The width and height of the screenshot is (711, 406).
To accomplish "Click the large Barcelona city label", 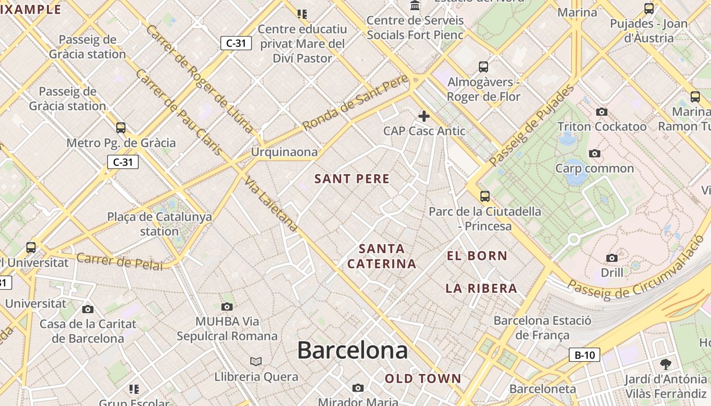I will pyautogui.click(x=352, y=350).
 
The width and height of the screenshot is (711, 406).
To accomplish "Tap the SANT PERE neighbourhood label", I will pyautogui.click(x=352, y=179).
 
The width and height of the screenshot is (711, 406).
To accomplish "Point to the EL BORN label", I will pyautogui.click(x=477, y=256).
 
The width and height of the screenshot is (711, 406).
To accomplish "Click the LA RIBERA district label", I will pyautogui.click(x=481, y=288).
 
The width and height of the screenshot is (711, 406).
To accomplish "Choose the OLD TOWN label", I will pyautogui.click(x=423, y=378).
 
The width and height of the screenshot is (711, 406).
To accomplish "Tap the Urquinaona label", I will pyautogui.click(x=284, y=152).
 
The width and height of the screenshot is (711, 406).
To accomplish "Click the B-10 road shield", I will pyautogui.click(x=584, y=355).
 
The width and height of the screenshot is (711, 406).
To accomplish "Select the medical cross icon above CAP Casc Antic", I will pyautogui.click(x=424, y=116).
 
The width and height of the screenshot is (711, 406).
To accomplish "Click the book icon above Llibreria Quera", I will pyautogui.click(x=256, y=361).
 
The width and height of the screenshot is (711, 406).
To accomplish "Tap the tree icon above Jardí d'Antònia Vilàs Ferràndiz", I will pyautogui.click(x=666, y=364).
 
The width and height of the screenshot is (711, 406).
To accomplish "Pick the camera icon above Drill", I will pyautogui.click(x=612, y=258).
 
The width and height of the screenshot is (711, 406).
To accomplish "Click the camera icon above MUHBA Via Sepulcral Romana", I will pyautogui.click(x=227, y=306).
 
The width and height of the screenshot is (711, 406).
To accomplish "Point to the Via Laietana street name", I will pyautogui.click(x=271, y=204).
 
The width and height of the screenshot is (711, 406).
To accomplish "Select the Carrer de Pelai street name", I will pyautogui.click(x=120, y=262).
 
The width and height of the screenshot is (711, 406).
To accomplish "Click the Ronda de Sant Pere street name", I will pyautogui.click(x=355, y=103).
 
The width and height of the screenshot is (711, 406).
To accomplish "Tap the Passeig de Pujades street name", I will pyautogui.click(x=532, y=125).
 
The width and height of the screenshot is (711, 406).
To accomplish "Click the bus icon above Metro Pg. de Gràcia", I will pyautogui.click(x=121, y=127).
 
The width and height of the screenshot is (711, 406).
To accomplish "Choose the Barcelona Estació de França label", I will pyautogui.click(x=542, y=328).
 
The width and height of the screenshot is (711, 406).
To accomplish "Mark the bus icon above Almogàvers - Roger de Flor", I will pyautogui.click(x=483, y=66).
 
